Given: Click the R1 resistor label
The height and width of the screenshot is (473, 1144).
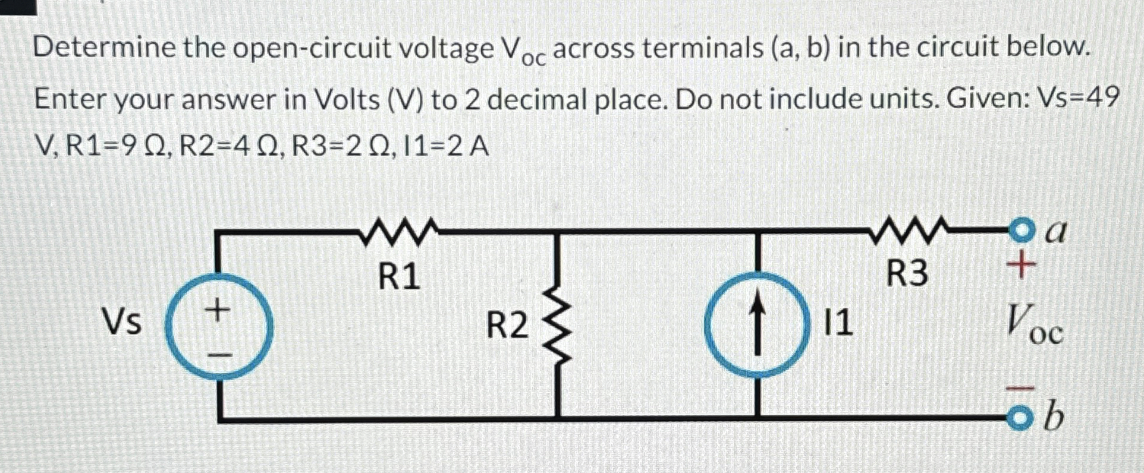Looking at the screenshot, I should (399, 276).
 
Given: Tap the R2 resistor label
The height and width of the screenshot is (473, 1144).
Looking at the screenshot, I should (507, 326).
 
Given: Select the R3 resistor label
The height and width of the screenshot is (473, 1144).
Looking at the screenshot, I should (907, 274).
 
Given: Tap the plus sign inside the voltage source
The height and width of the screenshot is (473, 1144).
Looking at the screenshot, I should (218, 310).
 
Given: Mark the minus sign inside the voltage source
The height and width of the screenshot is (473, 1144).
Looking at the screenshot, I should (219, 355).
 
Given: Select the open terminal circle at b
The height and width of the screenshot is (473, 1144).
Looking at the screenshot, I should (1020, 419).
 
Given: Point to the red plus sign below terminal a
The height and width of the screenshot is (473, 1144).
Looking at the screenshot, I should (1021, 264).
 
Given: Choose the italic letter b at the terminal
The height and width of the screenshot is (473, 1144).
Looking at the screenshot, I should (1054, 418).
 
